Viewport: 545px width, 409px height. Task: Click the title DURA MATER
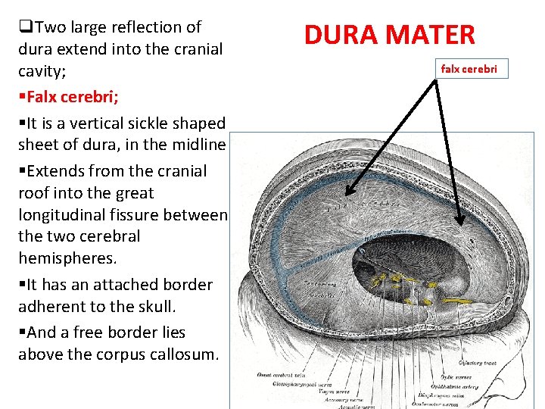(x=389, y=35)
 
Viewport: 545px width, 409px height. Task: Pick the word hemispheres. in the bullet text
(x=68, y=258)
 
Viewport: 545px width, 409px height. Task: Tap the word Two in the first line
(x=51, y=27)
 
